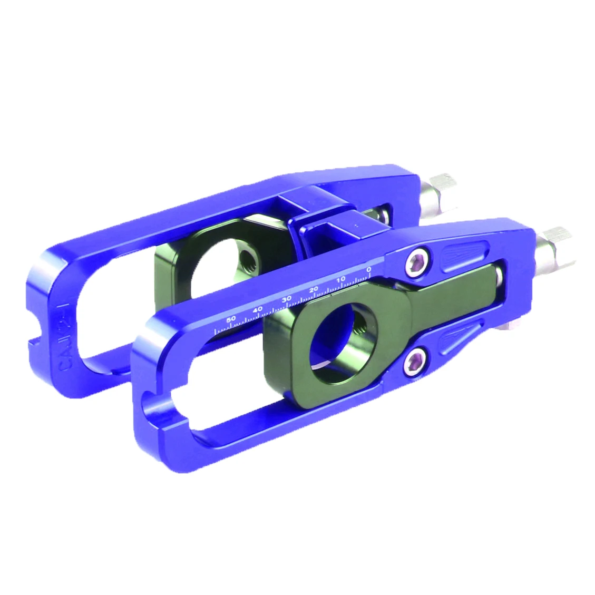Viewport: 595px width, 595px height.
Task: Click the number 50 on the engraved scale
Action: click(231, 319)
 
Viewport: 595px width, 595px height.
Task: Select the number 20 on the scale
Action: click(314, 289)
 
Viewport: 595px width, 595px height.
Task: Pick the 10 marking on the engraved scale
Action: click(341, 279)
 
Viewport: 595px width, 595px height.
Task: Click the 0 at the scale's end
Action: click(368, 269)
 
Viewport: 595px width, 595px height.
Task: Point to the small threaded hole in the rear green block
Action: click(246, 258)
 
